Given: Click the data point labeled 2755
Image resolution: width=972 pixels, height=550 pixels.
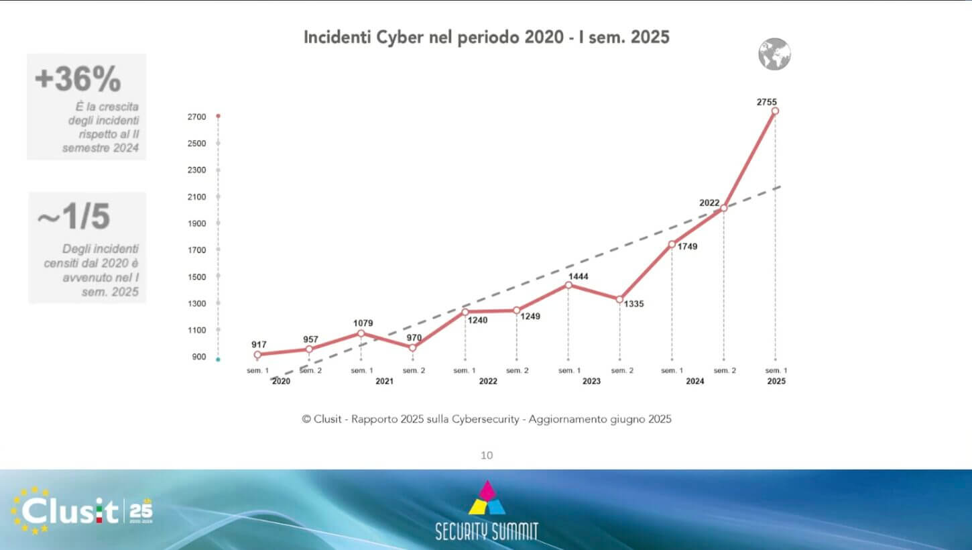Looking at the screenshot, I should pos(775,111).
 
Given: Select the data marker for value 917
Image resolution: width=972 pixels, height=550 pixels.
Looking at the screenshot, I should pos(257,354).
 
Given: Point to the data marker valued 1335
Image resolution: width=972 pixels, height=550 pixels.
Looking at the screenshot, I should pos(619,299).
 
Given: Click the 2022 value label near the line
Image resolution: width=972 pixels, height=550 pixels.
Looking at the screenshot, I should pos(709,203).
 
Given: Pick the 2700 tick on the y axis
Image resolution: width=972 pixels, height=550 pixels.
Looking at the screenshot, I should pos(196,117).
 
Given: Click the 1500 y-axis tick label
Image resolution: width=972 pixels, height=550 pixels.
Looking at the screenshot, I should pos(196,277).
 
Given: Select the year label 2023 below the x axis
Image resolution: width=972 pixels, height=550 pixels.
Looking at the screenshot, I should pos(591,381).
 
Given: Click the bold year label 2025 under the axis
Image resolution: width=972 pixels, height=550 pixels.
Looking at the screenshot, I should pos(776,381).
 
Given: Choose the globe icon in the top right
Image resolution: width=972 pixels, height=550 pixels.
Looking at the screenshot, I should pos(774,54).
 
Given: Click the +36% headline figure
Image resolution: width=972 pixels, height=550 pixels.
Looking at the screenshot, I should pos(78,80).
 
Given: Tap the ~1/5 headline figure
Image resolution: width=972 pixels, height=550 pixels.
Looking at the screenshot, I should pos(73,217).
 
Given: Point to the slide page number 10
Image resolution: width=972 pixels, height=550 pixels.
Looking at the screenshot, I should pos(487,455).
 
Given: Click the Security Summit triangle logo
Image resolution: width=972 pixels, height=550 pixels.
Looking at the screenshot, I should pos(487,498).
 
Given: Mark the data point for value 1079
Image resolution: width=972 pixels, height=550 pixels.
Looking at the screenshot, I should pos(361,333).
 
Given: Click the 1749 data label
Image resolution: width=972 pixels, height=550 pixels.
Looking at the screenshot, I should pos(687,247).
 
